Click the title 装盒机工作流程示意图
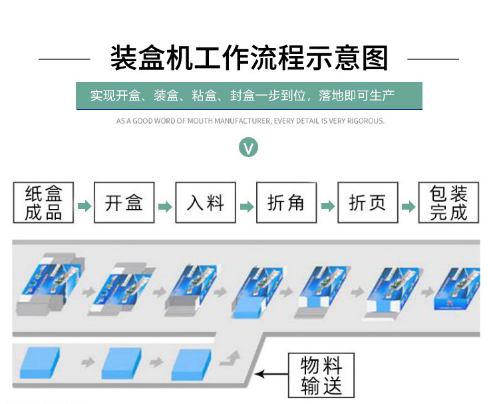click(x=249, y=59)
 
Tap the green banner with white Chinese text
click(x=249, y=95)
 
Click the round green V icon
click(x=249, y=147)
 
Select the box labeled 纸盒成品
click(x=43, y=203)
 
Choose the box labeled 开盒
click(x=124, y=203)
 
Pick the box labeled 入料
click(x=206, y=203)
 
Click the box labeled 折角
click(x=287, y=203)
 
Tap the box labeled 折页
click(x=368, y=203)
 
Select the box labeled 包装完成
click(x=449, y=203)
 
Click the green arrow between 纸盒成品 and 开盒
click(x=84, y=206)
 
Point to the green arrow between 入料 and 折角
click(x=247, y=206)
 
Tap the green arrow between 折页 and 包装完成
click(x=409, y=206)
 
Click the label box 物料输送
click(x=321, y=376)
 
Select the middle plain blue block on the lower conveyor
click(x=122, y=363)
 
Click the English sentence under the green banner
click(x=250, y=121)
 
